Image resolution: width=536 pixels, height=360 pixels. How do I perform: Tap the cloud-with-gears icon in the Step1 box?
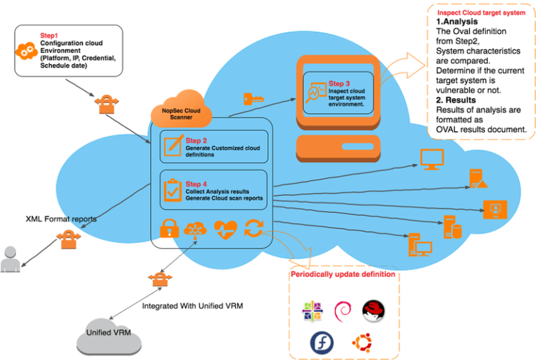27,50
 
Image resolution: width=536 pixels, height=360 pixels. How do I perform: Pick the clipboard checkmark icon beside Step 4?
172,189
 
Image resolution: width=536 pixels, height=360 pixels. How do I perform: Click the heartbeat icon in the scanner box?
225,229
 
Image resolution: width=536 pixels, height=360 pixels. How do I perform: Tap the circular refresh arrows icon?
254,229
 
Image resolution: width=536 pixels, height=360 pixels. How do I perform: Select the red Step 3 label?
343,84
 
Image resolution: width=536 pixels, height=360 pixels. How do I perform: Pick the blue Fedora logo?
321,342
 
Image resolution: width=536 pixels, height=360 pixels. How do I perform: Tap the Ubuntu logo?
361,342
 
